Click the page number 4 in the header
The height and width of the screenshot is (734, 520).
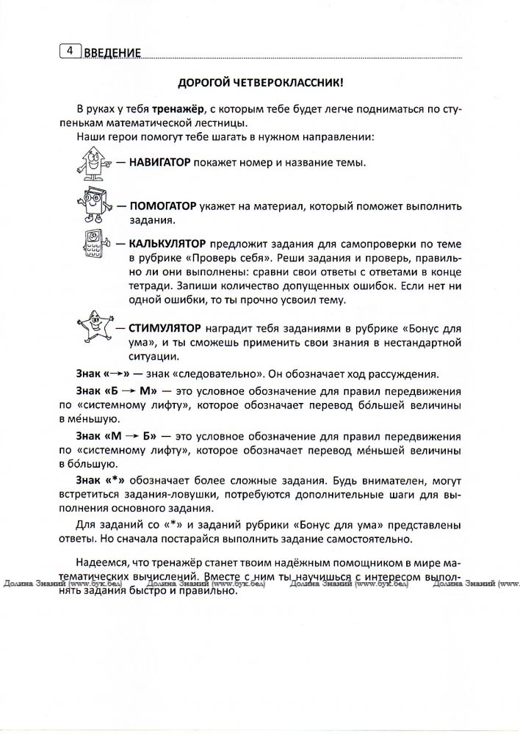(x=68, y=51)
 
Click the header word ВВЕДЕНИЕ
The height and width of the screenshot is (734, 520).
(x=111, y=52)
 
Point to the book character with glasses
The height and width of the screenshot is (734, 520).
(x=90, y=207)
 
